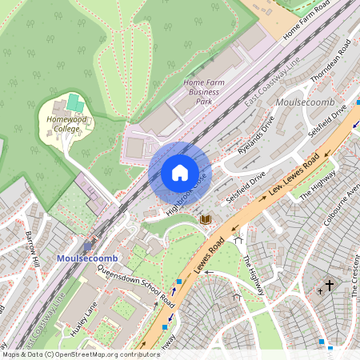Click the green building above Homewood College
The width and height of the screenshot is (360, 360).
pos(74,103)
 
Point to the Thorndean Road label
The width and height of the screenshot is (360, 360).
pos(331,61)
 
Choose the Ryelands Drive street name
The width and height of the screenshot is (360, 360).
pos(256,134)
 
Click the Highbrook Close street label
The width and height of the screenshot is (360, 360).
pos(186,194)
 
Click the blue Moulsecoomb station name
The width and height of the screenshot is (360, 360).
pos(86,258)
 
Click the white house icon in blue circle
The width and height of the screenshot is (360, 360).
pos(180,173)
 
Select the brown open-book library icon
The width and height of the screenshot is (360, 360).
pos(205,218)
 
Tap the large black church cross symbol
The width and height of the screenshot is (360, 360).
pos(329,284)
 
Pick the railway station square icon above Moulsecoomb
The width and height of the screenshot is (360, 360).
pos(88,246)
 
